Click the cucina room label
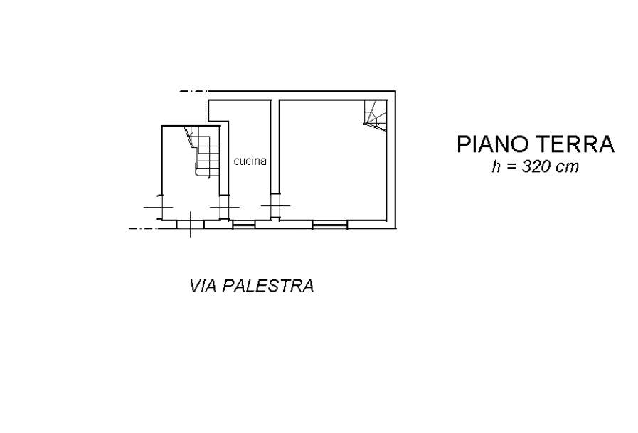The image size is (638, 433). coord(250,161)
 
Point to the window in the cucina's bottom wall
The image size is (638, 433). coord(244,225)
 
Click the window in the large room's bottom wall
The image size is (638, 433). coord(330,225)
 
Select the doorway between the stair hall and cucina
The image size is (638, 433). coord(223,207)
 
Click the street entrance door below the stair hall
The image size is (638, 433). coord(191,224)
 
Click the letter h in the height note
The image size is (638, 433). coord(496,168)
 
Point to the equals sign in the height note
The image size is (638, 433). coord(510,169)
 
